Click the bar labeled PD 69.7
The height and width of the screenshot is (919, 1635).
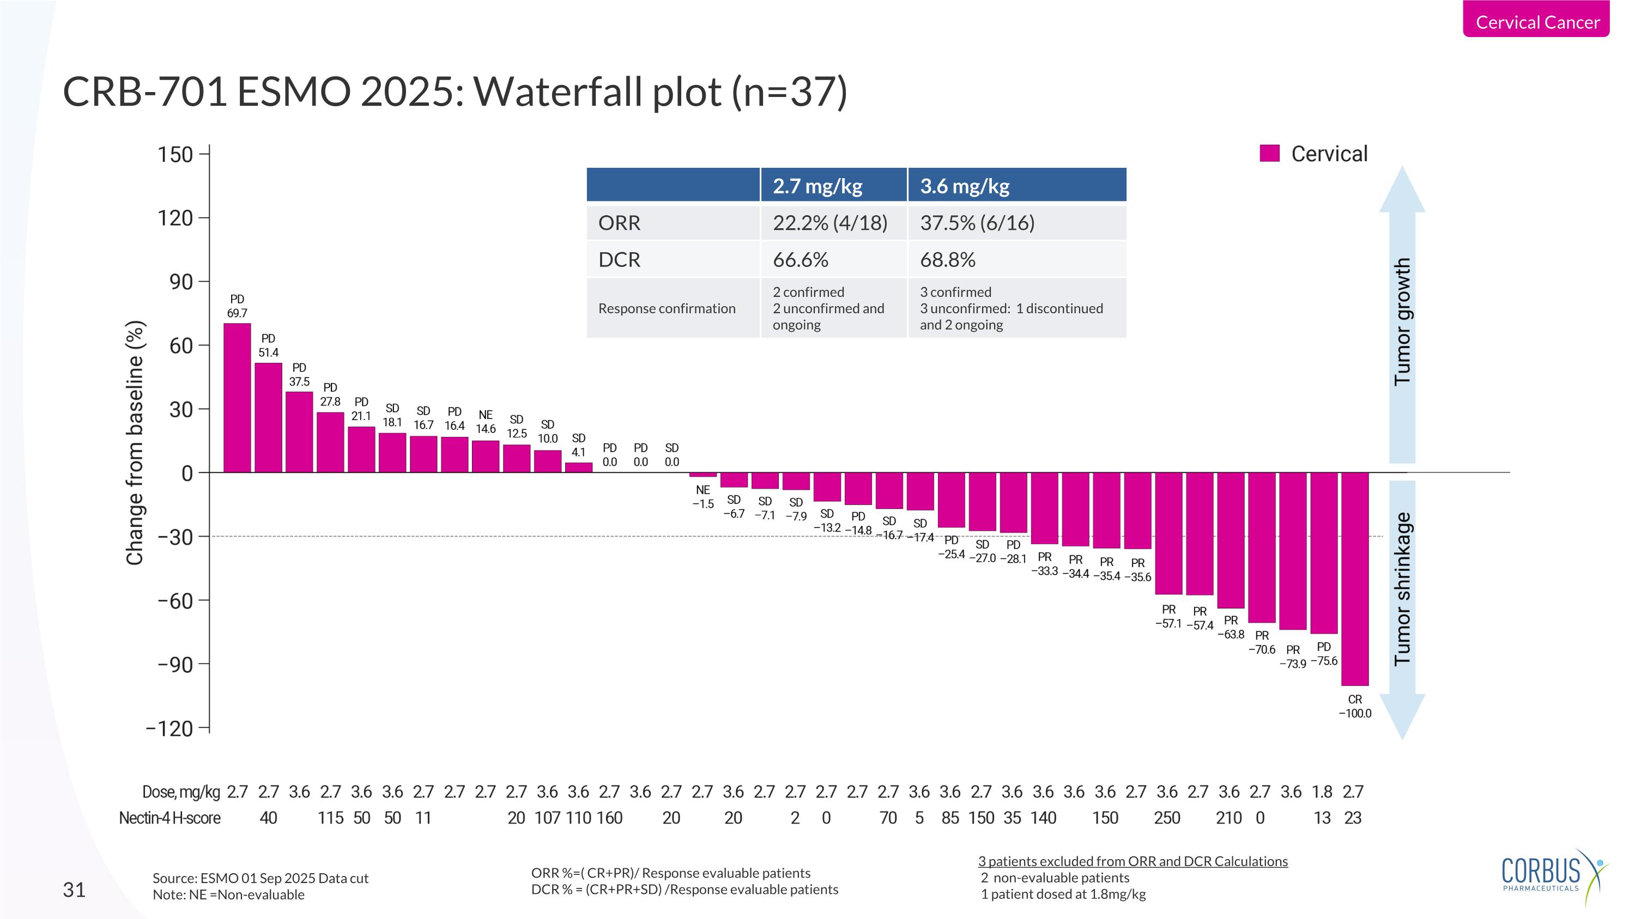(x=237, y=398)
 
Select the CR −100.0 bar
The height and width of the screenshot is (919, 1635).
(x=1354, y=579)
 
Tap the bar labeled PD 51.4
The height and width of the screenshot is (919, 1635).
(x=268, y=417)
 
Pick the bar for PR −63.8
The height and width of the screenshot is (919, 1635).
(x=1230, y=540)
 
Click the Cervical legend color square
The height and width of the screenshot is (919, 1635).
(x=1269, y=154)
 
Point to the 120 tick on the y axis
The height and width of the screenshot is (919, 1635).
(x=175, y=218)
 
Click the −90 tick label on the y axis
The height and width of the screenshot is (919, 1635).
(x=175, y=665)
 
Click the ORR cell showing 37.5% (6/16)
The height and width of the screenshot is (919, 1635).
(x=977, y=223)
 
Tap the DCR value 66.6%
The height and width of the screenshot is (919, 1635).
(x=801, y=259)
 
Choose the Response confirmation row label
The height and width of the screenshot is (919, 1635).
(x=667, y=308)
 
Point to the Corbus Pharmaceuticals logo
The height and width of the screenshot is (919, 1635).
(x=1552, y=875)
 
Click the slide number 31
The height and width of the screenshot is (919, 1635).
(x=74, y=890)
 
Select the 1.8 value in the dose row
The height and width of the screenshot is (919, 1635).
(x=1322, y=792)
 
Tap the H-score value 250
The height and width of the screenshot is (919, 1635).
(x=1167, y=818)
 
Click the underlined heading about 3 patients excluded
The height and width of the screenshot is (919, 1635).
(x=1133, y=861)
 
